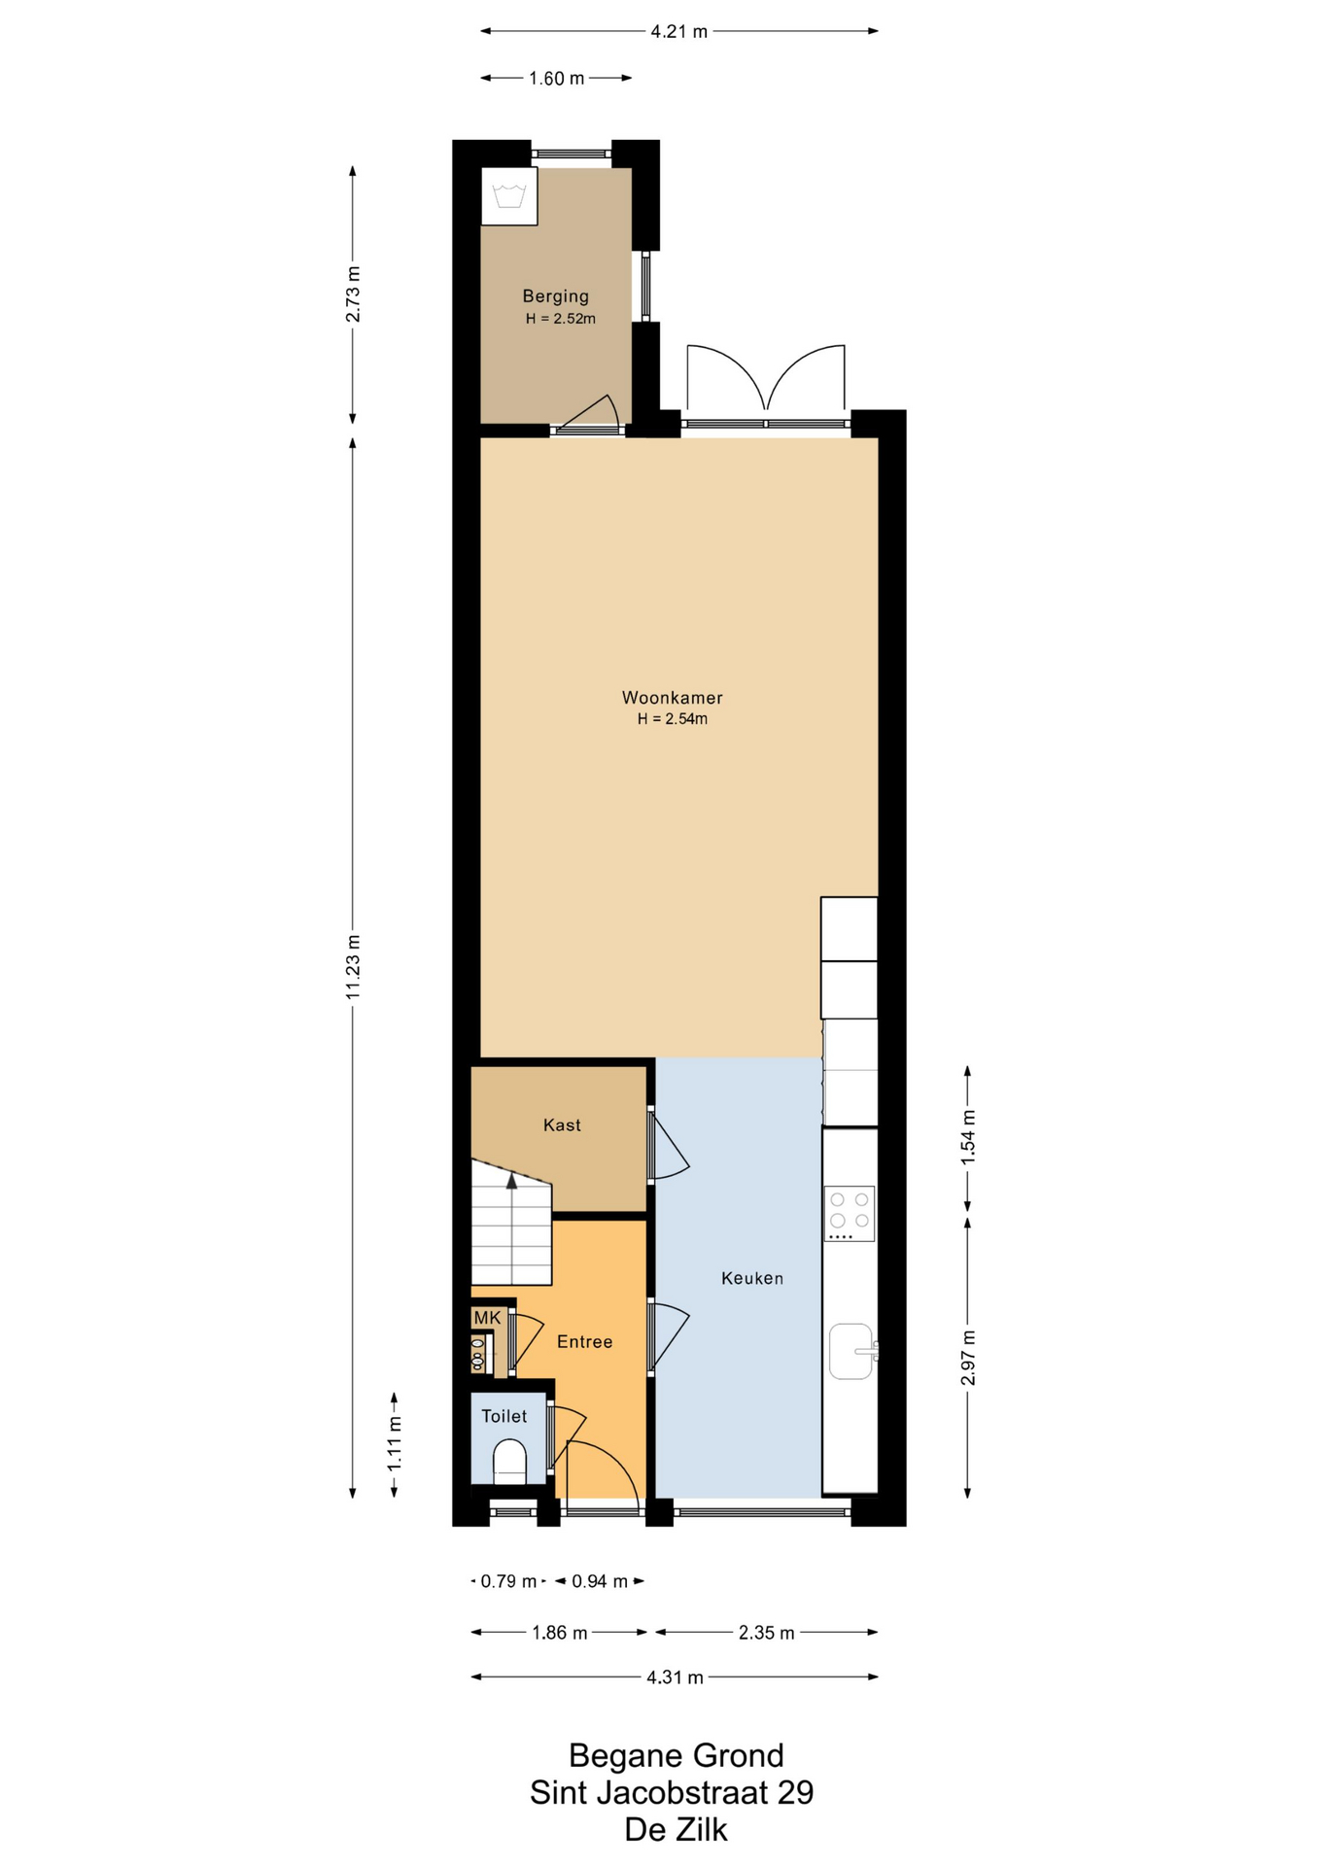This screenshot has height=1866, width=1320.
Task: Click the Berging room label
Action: (x=555, y=296)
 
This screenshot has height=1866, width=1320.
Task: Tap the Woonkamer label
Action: (x=672, y=698)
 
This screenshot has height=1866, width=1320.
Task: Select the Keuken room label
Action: (x=751, y=1278)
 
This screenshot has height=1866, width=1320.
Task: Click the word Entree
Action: (x=584, y=1341)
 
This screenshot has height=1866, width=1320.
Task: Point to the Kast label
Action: (x=562, y=1124)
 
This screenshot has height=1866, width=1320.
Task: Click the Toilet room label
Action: (x=504, y=1416)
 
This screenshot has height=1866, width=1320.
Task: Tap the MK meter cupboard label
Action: (x=487, y=1318)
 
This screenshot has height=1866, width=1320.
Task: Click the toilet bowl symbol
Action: (x=509, y=1461)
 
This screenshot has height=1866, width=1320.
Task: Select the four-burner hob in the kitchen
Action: (x=850, y=1213)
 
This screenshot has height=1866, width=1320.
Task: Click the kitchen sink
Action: (x=852, y=1351)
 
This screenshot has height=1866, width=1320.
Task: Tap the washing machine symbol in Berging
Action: (x=509, y=196)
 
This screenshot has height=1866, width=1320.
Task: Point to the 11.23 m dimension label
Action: (x=353, y=967)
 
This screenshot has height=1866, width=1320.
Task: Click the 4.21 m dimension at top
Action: (x=678, y=31)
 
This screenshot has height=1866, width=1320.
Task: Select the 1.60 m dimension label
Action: (x=557, y=79)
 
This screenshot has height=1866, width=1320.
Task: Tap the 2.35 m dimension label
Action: (x=766, y=1633)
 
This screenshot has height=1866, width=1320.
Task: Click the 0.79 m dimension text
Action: (x=508, y=1581)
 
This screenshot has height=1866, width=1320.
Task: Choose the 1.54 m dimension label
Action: (x=968, y=1137)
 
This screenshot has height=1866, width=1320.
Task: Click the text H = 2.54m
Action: (x=672, y=719)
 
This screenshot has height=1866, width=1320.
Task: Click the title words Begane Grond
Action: (x=676, y=1755)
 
